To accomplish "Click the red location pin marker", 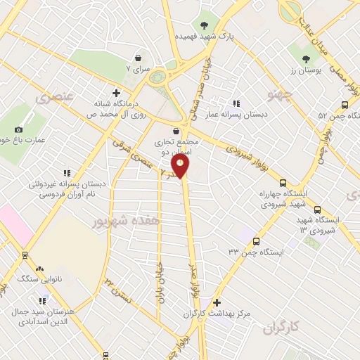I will click(x=181, y=165).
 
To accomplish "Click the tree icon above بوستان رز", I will click(x=305, y=60).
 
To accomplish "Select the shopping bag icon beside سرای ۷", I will click(x=138, y=58).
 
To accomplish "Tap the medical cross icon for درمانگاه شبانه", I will click(x=117, y=93).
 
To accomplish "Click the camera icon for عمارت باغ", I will click(x=18, y=129).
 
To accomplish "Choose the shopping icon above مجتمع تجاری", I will click(x=175, y=130).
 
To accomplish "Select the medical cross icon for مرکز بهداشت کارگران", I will click(x=217, y=302).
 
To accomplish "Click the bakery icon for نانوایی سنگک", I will click(x=39, y=269).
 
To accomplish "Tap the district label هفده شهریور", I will click(x=120, y=221).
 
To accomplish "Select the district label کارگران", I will click(x=283, y=328).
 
